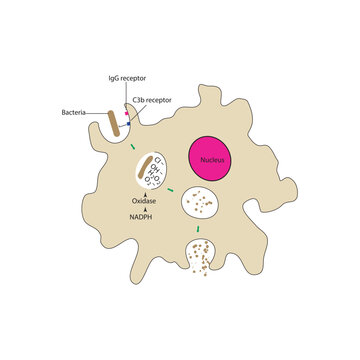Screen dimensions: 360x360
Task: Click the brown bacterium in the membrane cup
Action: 116,124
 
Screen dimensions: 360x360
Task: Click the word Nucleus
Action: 213,158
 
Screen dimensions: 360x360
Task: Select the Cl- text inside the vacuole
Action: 157,159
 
